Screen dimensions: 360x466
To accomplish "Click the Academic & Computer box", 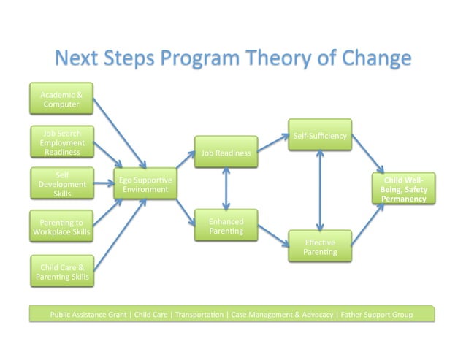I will (62, 99).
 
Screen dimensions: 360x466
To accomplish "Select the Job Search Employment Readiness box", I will (62, 142).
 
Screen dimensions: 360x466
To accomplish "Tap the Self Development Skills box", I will (62, 183).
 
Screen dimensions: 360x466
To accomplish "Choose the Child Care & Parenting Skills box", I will (62, 272).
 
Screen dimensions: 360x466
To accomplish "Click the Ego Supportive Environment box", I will (145, 185).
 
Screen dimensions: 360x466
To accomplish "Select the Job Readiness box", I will (226, 152).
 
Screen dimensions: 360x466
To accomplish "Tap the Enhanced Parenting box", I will (226, 226).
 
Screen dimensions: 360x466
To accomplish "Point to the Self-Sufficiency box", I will (320, 135).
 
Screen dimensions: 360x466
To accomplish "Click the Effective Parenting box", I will (320, 247).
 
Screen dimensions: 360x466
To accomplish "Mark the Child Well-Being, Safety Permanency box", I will (404, 188).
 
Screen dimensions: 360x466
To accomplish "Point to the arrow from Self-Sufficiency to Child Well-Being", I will (368, 154).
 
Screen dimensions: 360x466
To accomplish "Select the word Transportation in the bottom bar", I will (199, 315).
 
